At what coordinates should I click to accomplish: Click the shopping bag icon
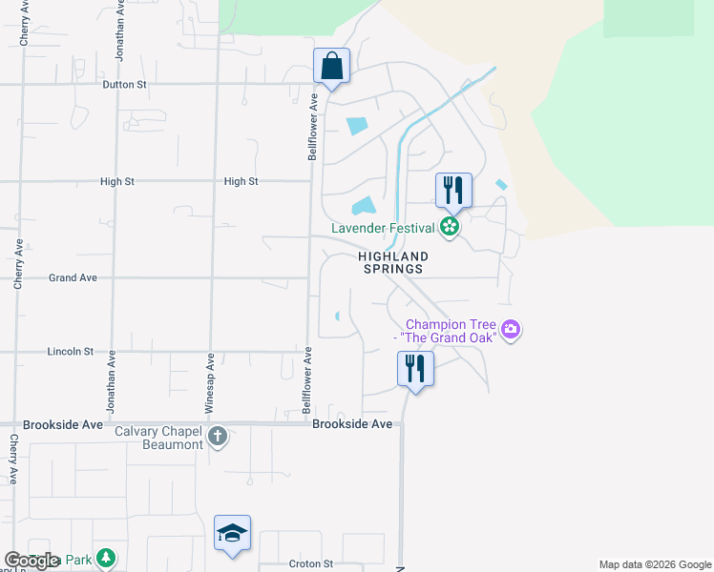coord(331,67)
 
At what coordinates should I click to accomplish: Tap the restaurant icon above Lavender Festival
coord(453,191)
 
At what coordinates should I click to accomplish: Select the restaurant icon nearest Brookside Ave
coord(415,368)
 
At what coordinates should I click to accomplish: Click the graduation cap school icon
coord(233,533)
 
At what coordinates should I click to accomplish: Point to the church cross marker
coord(218,437)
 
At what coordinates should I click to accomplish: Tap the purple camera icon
coord(512,330)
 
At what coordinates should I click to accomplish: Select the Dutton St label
coord(125,85)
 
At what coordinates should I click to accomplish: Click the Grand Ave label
coord(73,278)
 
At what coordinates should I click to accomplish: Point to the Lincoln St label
coord(70,352)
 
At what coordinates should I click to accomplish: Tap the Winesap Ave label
coord(211,376)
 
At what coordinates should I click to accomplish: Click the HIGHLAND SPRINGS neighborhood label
coord(393,263)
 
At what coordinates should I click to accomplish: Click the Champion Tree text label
coord(452,331)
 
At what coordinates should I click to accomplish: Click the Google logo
coord(31,561)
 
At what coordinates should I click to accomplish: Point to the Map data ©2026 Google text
coord(656,565)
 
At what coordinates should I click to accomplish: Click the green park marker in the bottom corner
coord(108,558)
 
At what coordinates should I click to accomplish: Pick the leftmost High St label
coord(119,181)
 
